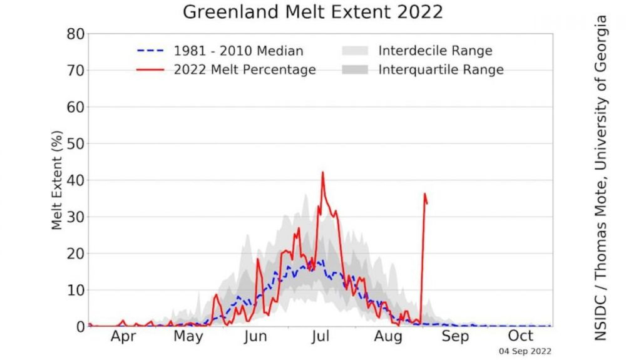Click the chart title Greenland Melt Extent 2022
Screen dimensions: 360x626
312,11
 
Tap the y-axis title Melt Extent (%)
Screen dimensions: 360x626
57,180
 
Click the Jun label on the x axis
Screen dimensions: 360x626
255,337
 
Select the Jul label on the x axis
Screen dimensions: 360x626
321,337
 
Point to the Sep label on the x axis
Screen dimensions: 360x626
455,337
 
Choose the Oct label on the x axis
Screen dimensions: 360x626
520,337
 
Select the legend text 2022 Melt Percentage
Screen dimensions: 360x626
245,69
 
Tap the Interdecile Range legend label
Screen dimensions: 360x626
435,51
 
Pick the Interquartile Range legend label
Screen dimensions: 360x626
441,69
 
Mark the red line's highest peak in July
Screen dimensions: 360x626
323,172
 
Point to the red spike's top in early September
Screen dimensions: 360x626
424,194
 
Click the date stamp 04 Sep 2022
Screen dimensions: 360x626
525,351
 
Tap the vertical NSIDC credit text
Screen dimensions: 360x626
602,178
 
